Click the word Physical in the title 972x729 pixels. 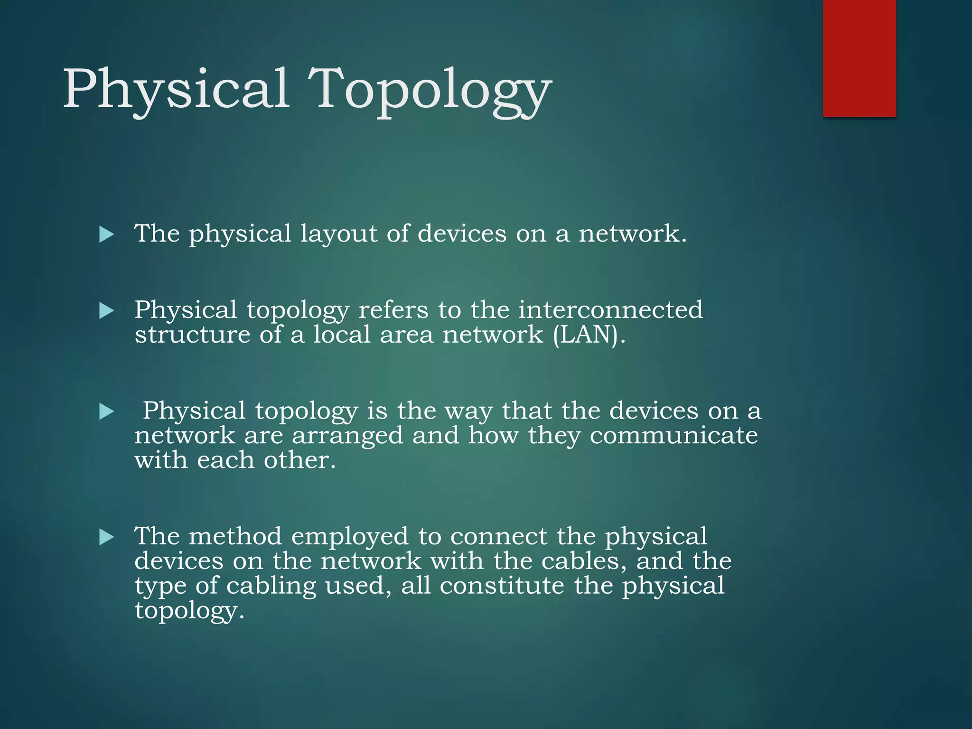tap(176, 89)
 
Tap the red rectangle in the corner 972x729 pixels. tap(859, 58)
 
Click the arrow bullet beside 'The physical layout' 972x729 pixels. tap(107, 234)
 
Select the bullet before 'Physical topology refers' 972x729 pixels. tap(107, 311)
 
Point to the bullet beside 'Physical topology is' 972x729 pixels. tap(107, 411)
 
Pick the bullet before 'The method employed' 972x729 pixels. tap(107, 537)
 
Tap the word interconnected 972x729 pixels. tap(610, 310)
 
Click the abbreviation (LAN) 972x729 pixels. tap(589, 335)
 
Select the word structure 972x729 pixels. tap(192, 335)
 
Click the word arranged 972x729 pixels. tap(347, 436)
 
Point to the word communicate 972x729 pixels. tap(673, 436)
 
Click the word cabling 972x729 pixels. tap(271, 586)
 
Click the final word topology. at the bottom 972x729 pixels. tap(189, 610)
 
